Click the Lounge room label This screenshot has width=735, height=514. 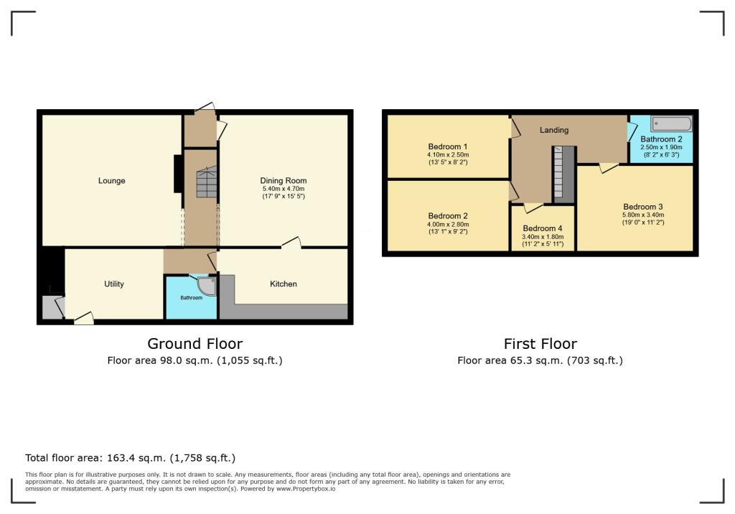(111, 181)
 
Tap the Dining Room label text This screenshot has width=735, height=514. (283, 181)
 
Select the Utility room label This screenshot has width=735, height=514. (114, 284)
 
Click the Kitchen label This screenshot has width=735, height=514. (283, 284)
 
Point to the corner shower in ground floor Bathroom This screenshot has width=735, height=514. (207, 286)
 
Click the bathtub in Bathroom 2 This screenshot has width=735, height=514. (672, 124)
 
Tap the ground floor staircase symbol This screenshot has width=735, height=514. (206, 182)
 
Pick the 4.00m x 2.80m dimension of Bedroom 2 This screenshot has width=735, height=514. (448, 224)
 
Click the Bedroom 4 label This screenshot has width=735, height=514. (543, 228)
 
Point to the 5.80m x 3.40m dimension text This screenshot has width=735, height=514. (642, 215)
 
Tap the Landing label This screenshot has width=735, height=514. (554, 130)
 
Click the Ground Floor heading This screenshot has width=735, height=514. (195, 344)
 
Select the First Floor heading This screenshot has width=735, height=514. (540, 344)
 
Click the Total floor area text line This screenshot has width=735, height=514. (130, 457)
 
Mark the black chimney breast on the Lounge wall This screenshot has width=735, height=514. (177, 174)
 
